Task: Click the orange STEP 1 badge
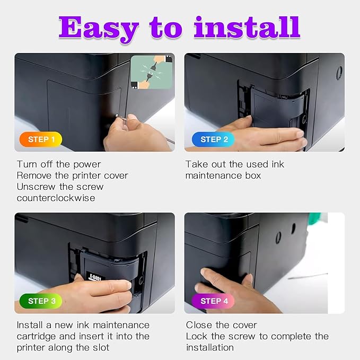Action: coord(41,139)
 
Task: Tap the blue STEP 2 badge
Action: coord(213,139)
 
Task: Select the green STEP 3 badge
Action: coord(41,301)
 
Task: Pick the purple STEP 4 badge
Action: coord(213,301)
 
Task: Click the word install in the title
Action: coord(247,27)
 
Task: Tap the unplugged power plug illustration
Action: coord(152,72)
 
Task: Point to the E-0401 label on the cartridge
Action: coord(95,276)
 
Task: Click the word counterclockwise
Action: coord(56,198)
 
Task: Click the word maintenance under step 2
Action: coord(213,175)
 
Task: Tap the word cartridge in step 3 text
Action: coord(36,336)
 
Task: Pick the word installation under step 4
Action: coord(210,348)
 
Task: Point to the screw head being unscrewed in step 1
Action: coord(117,115)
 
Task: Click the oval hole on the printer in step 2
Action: coord(339,73)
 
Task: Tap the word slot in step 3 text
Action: coord(101,348)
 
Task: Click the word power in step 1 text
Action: coord(87,165)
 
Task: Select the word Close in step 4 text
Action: coord(199,325)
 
